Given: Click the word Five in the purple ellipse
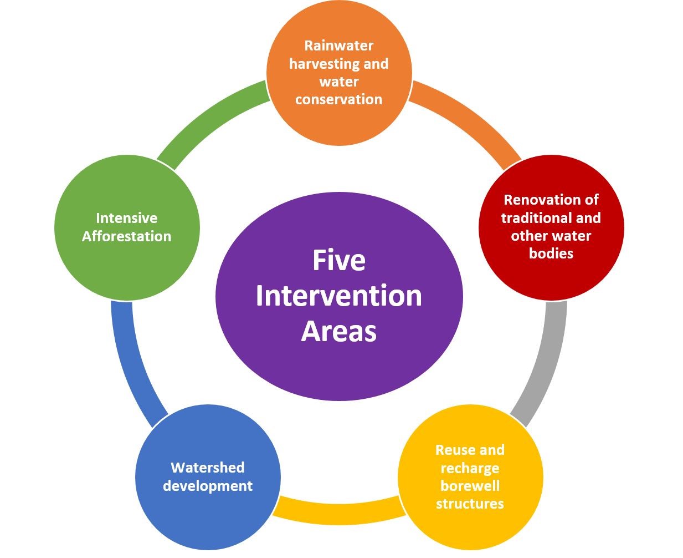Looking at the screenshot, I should [x=339, y=260].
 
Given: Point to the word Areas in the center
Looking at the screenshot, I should [x=339, y=331].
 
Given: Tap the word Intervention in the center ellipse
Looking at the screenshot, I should [x=339, y=296].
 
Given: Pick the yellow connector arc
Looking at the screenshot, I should [x=338, y=510].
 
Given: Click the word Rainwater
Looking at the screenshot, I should [x=339, y=45].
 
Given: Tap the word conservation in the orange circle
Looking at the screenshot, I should [x=339, y=99].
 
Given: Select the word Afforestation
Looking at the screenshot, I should [x=127, y=236].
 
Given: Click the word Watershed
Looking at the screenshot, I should [x=208, y=468].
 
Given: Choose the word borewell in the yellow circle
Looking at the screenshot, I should [x=470, y=486].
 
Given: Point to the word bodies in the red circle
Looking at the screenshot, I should [x=551, y=253].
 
